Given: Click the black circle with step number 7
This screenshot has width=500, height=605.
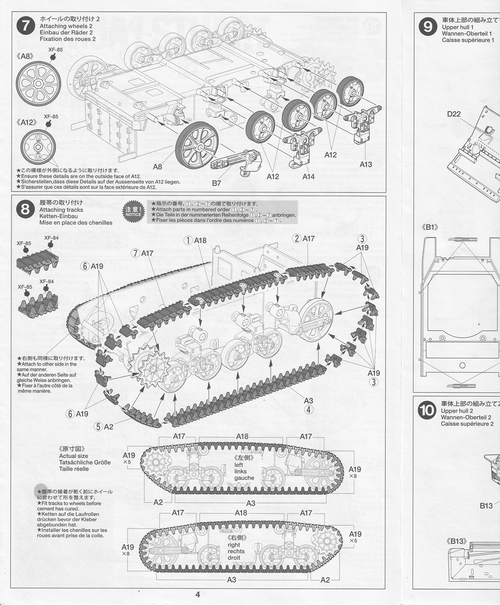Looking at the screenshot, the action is [26, 26].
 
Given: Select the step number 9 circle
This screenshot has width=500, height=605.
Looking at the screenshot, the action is [428, 26].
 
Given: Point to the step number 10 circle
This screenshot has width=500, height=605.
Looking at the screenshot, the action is [427, 410].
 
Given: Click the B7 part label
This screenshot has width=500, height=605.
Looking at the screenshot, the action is [217, 183].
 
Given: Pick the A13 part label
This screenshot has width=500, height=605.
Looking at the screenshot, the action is [365, 164].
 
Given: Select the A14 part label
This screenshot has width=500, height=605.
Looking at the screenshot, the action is [308, 176].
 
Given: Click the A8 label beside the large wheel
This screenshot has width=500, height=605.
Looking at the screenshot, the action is [158, 166].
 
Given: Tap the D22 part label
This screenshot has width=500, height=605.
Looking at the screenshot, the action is [454, 114].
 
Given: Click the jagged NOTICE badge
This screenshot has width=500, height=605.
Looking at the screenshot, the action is [133, 212].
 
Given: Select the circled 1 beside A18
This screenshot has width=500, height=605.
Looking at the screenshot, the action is [188, 240].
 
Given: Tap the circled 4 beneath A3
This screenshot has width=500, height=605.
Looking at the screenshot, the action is [309, 409].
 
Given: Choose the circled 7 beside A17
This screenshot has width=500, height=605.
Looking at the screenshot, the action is [135, 253].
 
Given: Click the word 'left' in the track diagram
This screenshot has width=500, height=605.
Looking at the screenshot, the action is [238, 465].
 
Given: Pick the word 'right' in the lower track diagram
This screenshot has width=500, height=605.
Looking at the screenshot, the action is [234, 544].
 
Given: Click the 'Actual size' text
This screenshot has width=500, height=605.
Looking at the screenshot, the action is [74, 456].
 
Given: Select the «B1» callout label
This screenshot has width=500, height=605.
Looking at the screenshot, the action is [430, 227].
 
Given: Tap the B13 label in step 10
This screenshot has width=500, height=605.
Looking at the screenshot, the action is [486, 506].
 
